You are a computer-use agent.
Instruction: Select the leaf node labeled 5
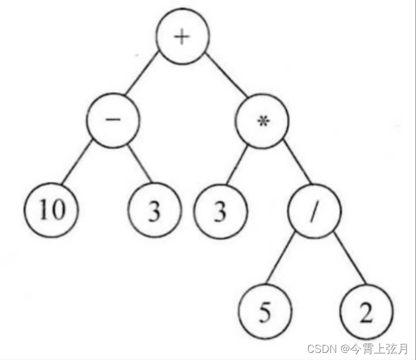tap(265, 312)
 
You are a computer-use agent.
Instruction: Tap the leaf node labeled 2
tap(367, 312)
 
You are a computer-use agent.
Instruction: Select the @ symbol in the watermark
tap(345, 348)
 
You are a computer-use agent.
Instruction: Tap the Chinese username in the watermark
tap(379, 348)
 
